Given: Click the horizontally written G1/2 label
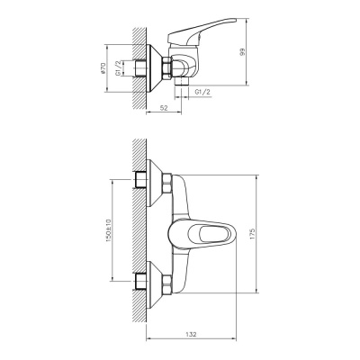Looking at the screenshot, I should [x=205, y=92].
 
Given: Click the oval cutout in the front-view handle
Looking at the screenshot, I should [x=212, y=236].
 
